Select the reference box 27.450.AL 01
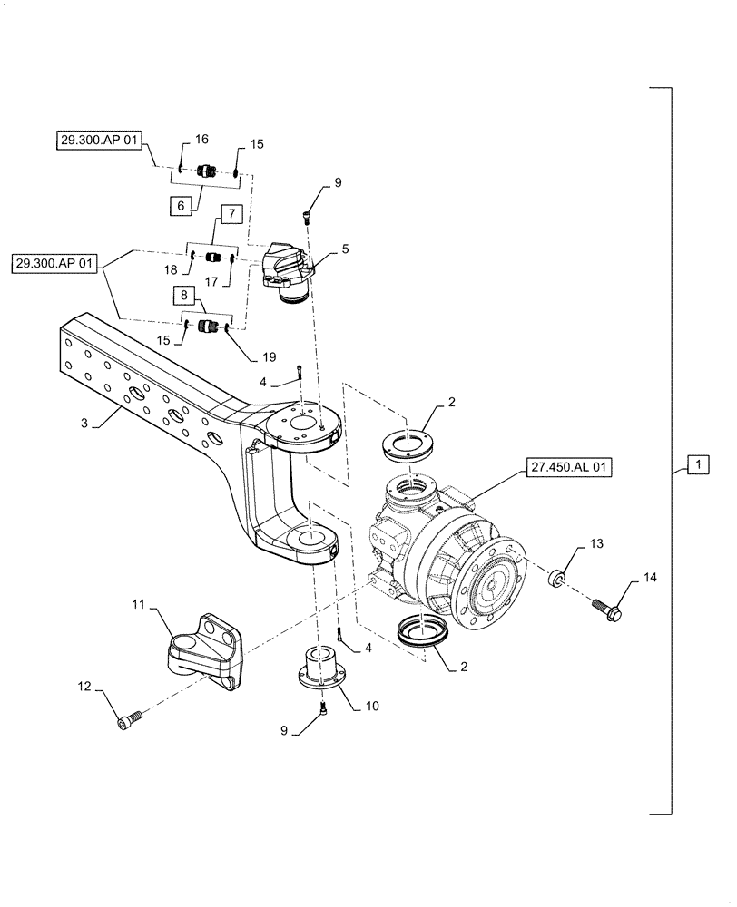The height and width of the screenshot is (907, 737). [x=568, y=468]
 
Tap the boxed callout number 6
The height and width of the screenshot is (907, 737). [x=181, y=206]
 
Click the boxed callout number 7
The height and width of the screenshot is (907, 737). [x=231, y=215]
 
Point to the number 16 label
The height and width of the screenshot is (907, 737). [x=201, y=139]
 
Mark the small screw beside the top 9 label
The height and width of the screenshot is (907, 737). [x=307, y=214]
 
